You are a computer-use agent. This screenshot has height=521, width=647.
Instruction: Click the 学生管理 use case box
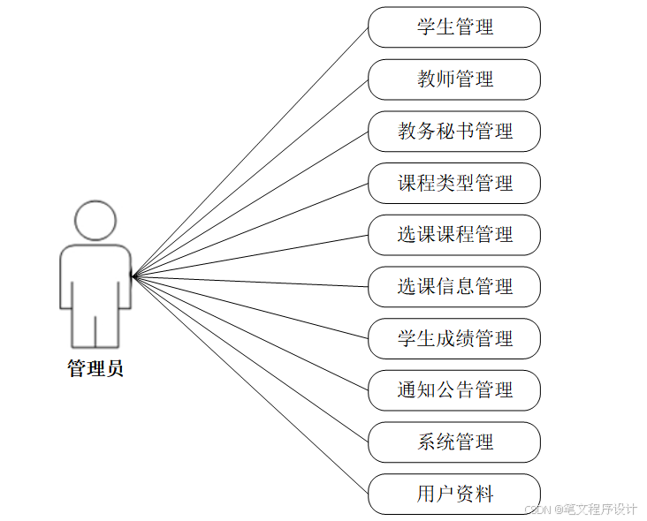click(453, 27)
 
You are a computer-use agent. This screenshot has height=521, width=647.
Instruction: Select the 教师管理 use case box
click(453, 79)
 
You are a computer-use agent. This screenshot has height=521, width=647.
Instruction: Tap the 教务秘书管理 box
click(453, 132)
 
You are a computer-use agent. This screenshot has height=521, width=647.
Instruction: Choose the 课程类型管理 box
click(453, 184)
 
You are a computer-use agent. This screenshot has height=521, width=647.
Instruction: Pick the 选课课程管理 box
click(453, 235)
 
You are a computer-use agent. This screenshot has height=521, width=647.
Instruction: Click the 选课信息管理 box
click(453, 287)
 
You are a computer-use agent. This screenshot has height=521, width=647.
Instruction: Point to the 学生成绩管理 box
click(453, 339)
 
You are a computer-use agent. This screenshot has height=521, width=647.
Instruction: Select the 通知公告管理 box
click(453, 390)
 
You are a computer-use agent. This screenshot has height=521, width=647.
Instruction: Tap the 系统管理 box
click(453, 442)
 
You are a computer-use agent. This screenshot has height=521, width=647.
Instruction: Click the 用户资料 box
click(453, 495)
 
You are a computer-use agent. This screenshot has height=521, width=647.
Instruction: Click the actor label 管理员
click(95, 369)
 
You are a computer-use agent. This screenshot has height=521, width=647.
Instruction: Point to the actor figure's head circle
click(95, 221)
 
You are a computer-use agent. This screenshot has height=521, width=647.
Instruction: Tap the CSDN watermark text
click(581, 510)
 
